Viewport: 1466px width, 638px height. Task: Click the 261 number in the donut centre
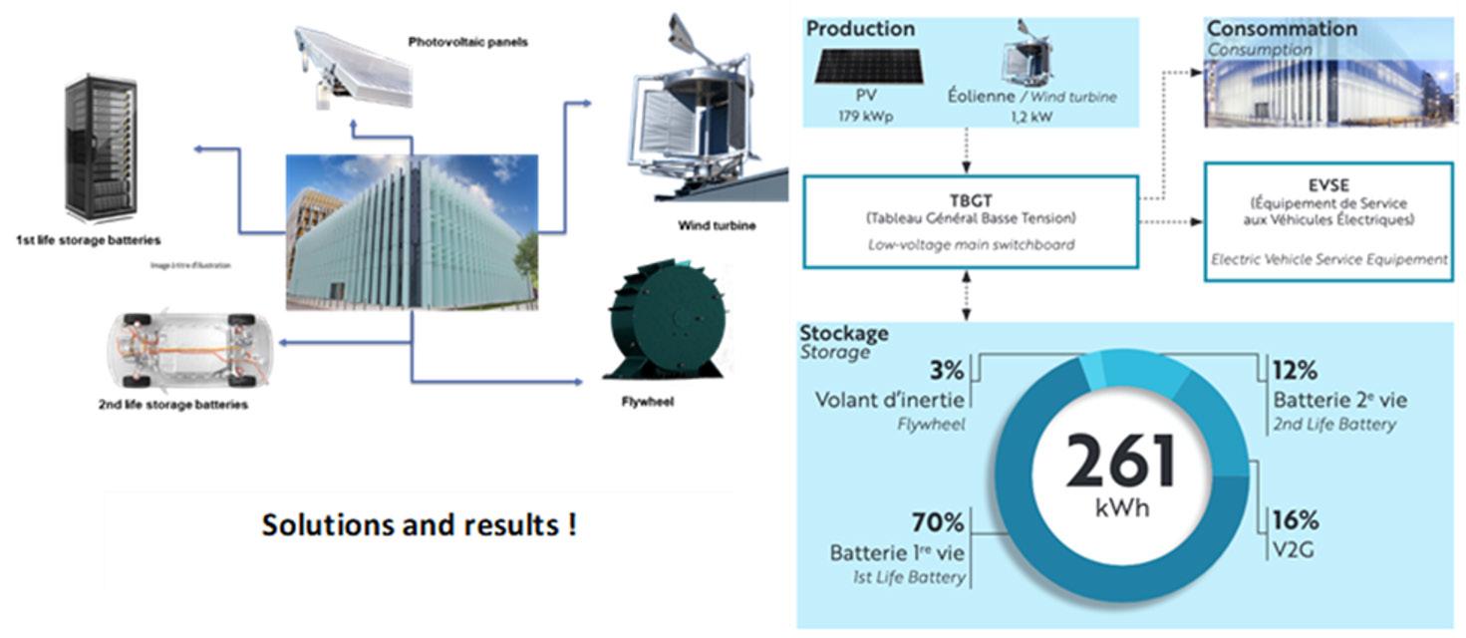1121,461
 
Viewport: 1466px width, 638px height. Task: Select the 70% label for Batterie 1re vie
937,522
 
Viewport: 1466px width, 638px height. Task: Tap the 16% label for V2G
1295,520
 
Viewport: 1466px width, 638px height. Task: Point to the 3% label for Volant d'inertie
946,371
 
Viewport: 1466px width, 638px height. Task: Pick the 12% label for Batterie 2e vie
1295,371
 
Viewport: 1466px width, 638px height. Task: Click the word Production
860,29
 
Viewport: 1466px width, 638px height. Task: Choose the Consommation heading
1282,29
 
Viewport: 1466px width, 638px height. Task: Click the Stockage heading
844,333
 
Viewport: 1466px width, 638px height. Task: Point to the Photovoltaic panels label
467,43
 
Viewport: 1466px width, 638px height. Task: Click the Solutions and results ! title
419,525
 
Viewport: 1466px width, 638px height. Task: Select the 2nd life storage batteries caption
173,405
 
